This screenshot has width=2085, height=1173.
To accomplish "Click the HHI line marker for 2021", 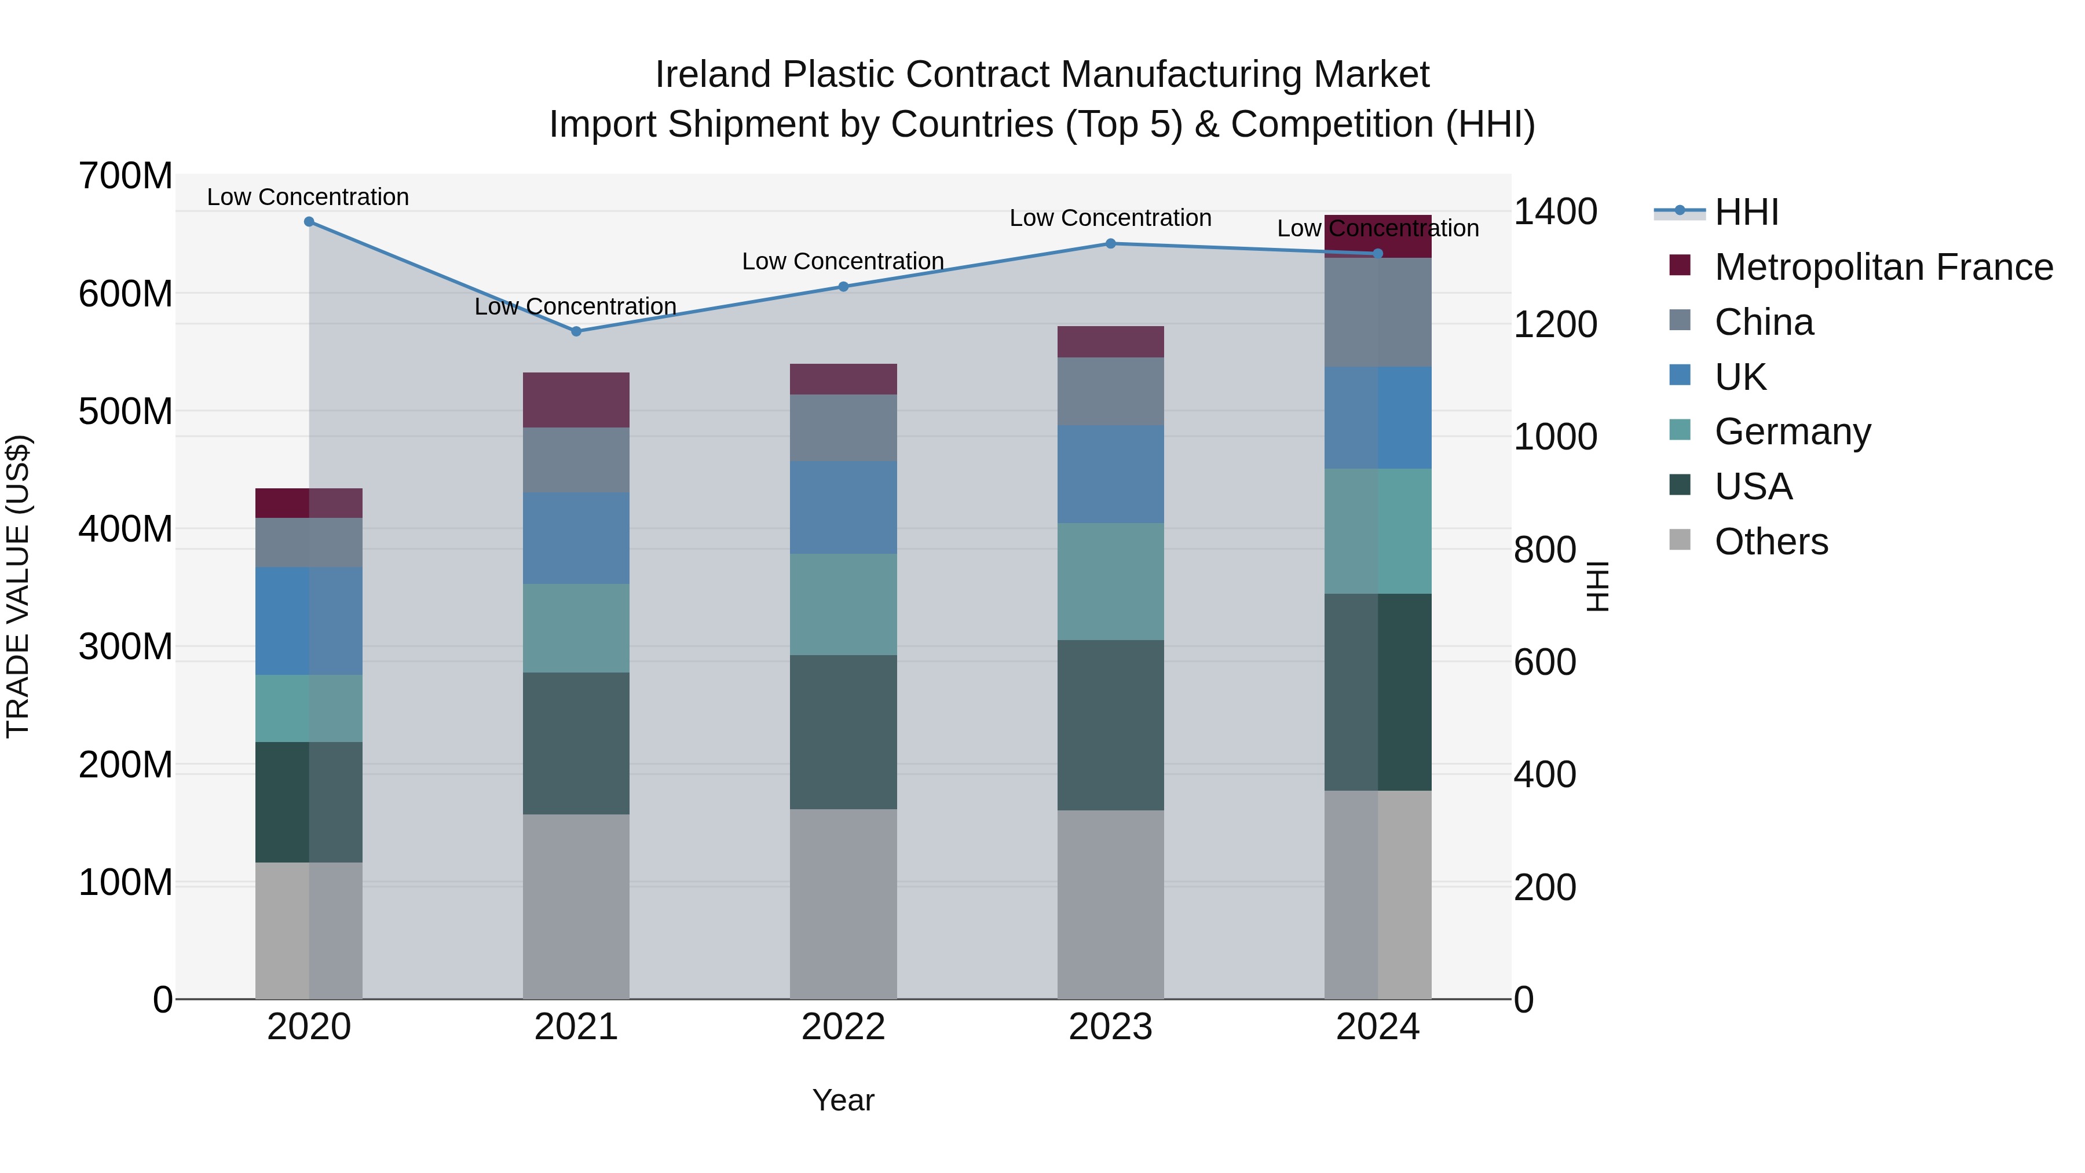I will click(576, 331).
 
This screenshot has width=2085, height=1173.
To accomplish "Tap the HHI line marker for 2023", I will click(1110, 244).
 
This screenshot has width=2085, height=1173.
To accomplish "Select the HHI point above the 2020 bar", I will click(309, 222).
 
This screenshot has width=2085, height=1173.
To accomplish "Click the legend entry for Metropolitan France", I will click(1883, 267).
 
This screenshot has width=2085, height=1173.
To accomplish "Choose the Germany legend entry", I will click(1792, 432).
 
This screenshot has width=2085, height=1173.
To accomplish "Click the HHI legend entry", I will click(1746, 212).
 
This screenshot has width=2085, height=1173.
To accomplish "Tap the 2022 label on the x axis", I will click(843, 1027).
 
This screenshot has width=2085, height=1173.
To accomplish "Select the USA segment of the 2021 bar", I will click(576, 743).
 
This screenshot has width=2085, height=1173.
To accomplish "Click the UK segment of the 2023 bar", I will click(1110, 474).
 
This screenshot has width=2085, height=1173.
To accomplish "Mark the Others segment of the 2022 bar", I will click(843, 904).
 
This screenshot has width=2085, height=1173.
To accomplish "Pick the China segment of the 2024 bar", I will click(1378, 312).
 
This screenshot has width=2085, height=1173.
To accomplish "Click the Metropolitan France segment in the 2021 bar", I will click(576, 400).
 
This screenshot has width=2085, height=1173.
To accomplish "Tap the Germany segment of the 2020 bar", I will click(309, 708).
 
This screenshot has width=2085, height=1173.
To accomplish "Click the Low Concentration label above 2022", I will click(843, 261).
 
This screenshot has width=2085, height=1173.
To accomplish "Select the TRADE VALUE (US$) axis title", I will click(18, 586).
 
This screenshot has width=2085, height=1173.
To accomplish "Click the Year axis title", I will click(843, 1100).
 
